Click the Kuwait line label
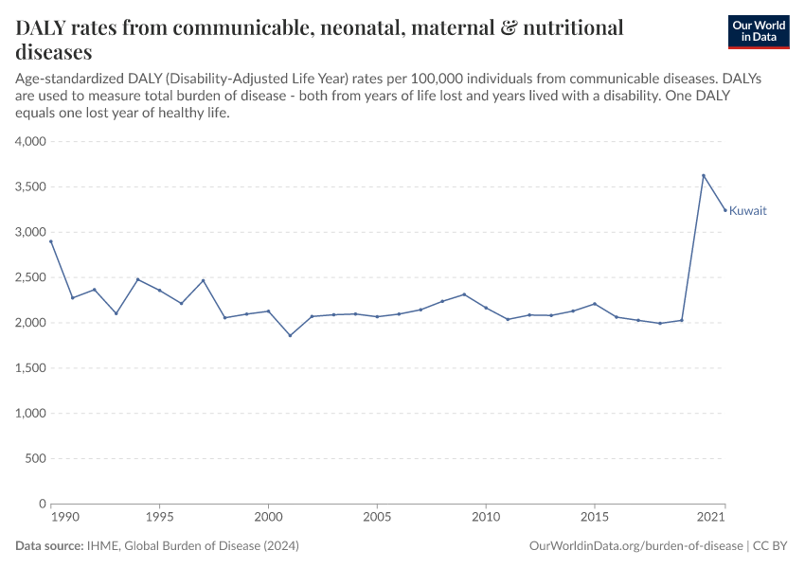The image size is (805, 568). click(748, 211)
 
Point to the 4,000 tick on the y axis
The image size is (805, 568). click(31, 142)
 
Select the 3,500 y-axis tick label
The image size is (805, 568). click(31, 187)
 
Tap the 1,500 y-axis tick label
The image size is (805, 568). click(31, 368)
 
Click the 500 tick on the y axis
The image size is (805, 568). click(37, 459)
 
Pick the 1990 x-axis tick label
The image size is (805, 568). click(64, 519)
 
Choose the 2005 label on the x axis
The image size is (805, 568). click(377, 519)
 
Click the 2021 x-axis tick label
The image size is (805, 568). click(711, 519)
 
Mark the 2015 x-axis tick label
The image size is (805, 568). click(595, 519)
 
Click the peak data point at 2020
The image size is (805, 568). click(704, 175)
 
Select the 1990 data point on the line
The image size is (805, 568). click(51, 241)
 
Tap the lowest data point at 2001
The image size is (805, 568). click(290, 335)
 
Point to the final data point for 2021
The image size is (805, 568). click(725, 210)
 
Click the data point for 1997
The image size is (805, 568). click(203, 280)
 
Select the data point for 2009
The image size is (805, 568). click(464, 294)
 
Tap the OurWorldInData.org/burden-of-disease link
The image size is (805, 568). click(635, 546)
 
